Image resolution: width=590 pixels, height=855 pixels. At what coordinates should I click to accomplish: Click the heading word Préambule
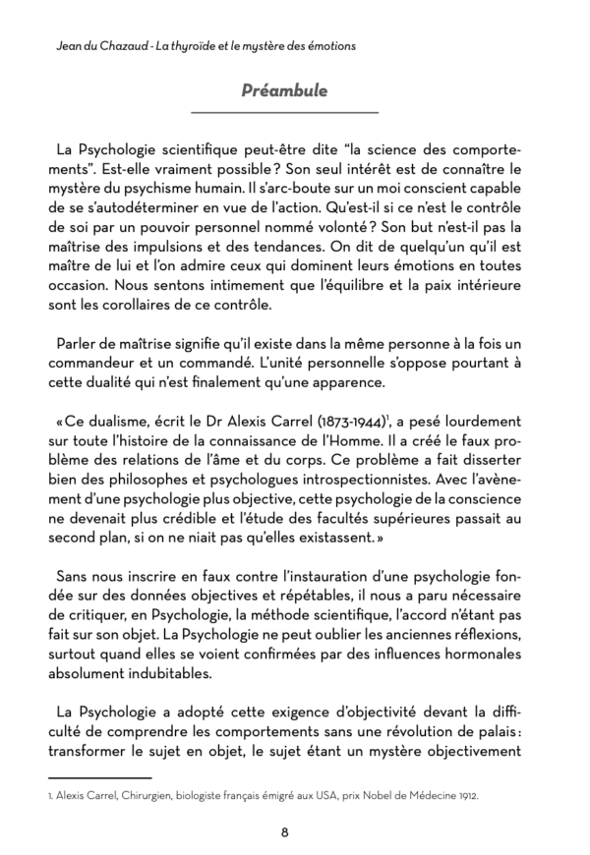284,90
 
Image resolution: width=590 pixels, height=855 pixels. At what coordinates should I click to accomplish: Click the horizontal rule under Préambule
284,112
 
